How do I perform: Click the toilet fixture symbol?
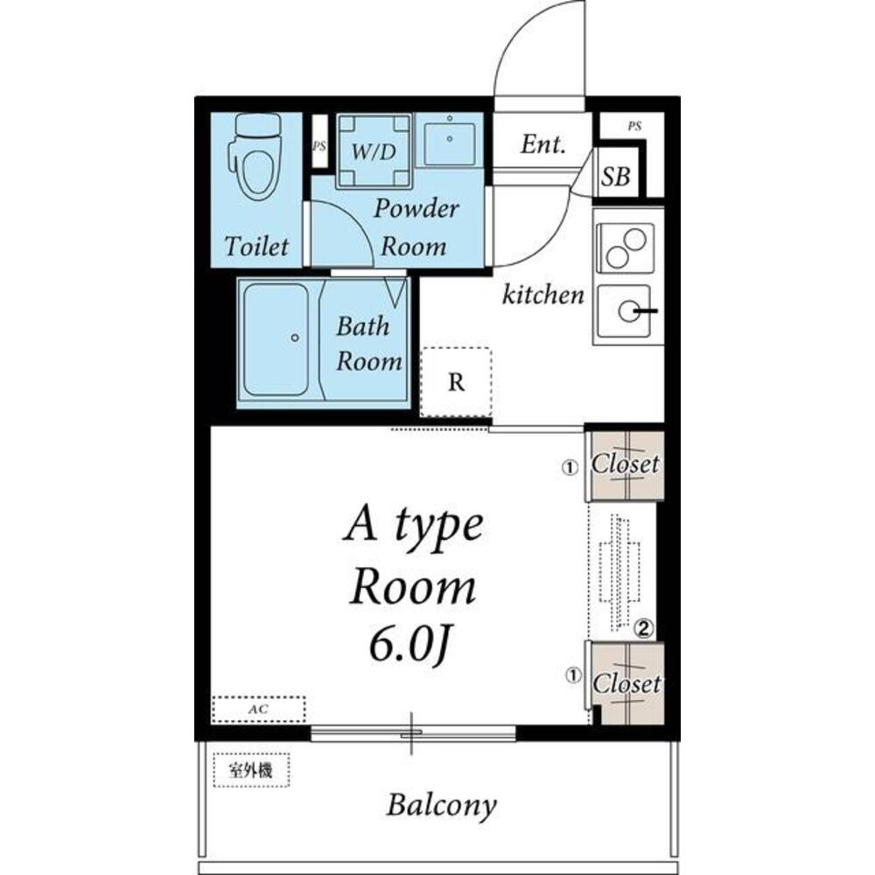coord(255,155)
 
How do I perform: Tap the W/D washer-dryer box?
coord(374,150)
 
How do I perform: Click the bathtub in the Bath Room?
coord(276,339)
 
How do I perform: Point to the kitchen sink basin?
coord(625,311)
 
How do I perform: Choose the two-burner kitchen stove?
coord(625,248)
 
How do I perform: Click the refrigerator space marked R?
coord(456,382)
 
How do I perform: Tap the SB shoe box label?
coord(615,177)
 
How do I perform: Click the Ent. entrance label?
coord(543,144)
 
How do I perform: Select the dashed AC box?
coord(259,710)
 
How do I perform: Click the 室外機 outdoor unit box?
coord(252,770)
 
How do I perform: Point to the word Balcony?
coord(441,806)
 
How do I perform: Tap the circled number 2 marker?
coord(643,629)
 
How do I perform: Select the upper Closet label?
coord(625,464)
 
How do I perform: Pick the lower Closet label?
coord(626,683)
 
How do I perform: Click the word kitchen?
coord(543,294)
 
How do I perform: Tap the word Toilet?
coord(256,246)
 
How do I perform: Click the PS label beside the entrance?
coord(634,127)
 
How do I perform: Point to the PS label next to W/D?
coord(319,146)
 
